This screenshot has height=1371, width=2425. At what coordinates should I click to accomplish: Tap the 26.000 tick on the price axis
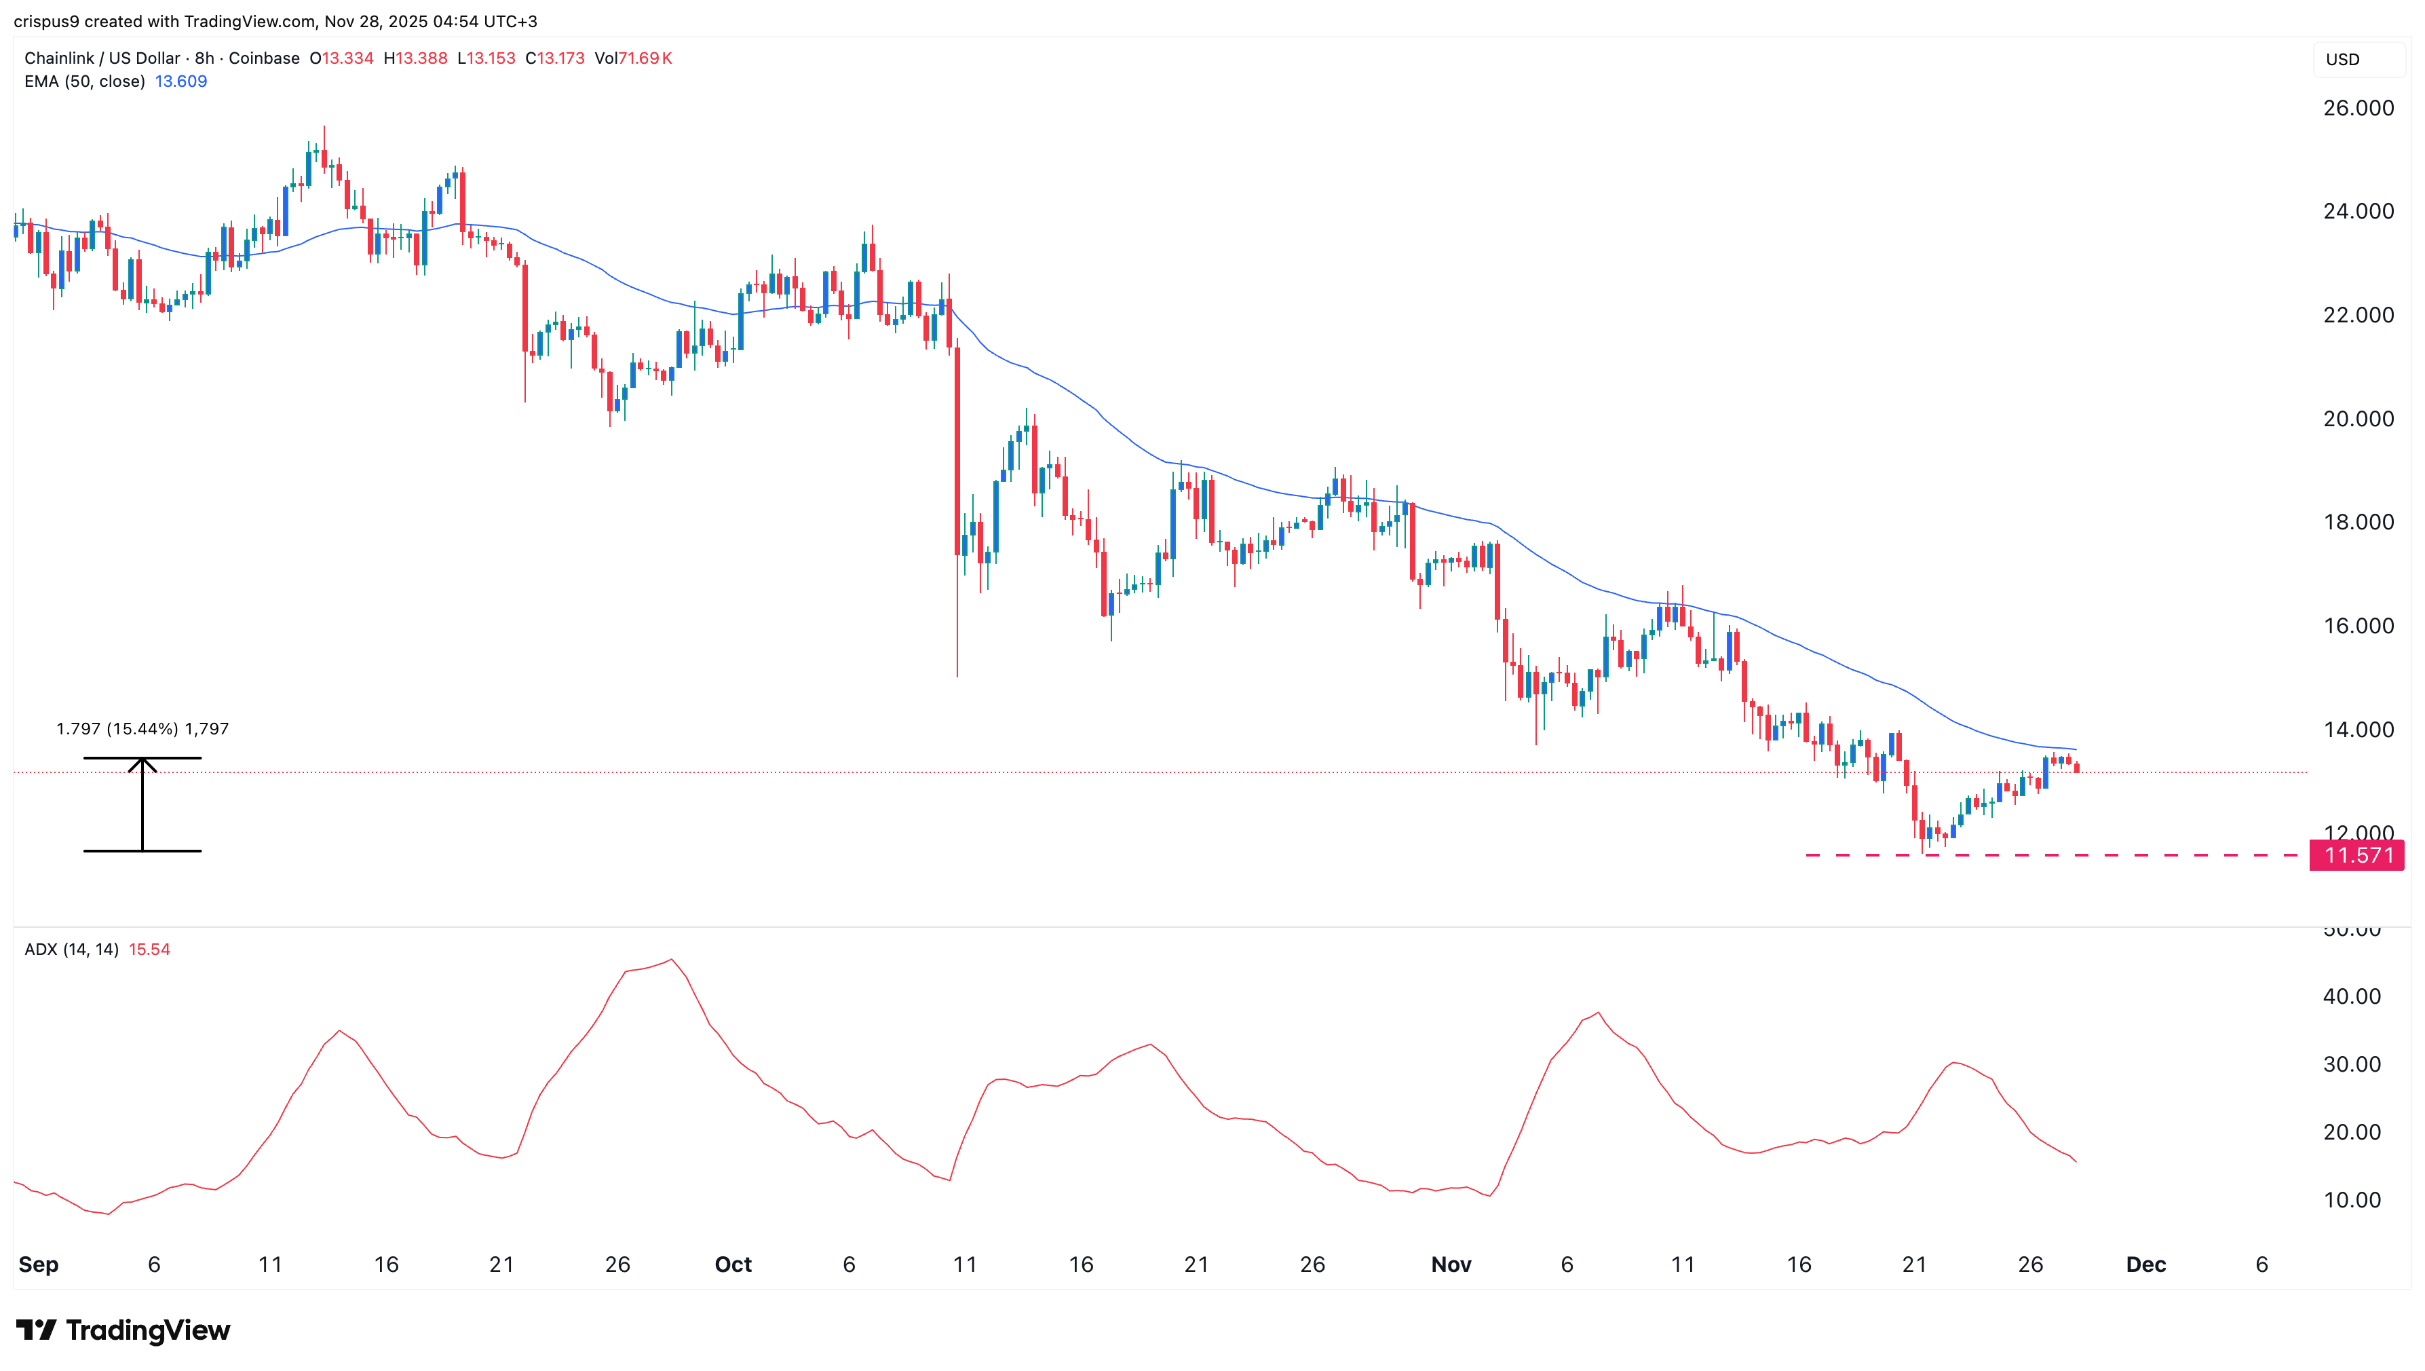pyautogui.click(x=2358, y=109)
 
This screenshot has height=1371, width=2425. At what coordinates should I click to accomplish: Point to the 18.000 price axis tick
pyautogui.click(x=2358, y=523)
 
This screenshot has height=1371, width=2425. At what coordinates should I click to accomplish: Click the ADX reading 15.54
pyautogui.click(x=149, y=949)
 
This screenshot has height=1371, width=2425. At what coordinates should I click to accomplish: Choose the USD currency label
pyautogui.click(x=2342, y=59)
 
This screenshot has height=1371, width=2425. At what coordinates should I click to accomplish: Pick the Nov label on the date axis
pyautogui.click(x=1451, y=1264)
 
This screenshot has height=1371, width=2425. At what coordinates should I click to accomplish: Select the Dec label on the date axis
pyautogui.click(x=2145, y=1264)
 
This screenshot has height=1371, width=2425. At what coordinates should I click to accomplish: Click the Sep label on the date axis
pyautogui.click(x=39, y=1264)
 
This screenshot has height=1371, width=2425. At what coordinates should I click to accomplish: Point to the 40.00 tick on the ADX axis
pyautogui.click(x=2352, y=996)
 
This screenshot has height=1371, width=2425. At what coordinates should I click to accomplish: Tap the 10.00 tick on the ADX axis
pyautogui.click(x=2352, y=1201)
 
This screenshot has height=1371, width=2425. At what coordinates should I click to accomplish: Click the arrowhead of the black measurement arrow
pyautogui.click(x=142, y=765)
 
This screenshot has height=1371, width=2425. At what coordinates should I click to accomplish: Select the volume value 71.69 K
pyautogui.click(x=644, y=58)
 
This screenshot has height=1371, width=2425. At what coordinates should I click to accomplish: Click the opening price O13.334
pyautogui.click(x=342, y=58)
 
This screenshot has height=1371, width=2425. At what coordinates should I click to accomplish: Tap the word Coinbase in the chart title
pyautogui.click(x=265, y=58)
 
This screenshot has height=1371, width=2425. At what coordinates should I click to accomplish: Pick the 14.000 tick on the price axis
pyautogui.click(x=2358, y=730)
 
